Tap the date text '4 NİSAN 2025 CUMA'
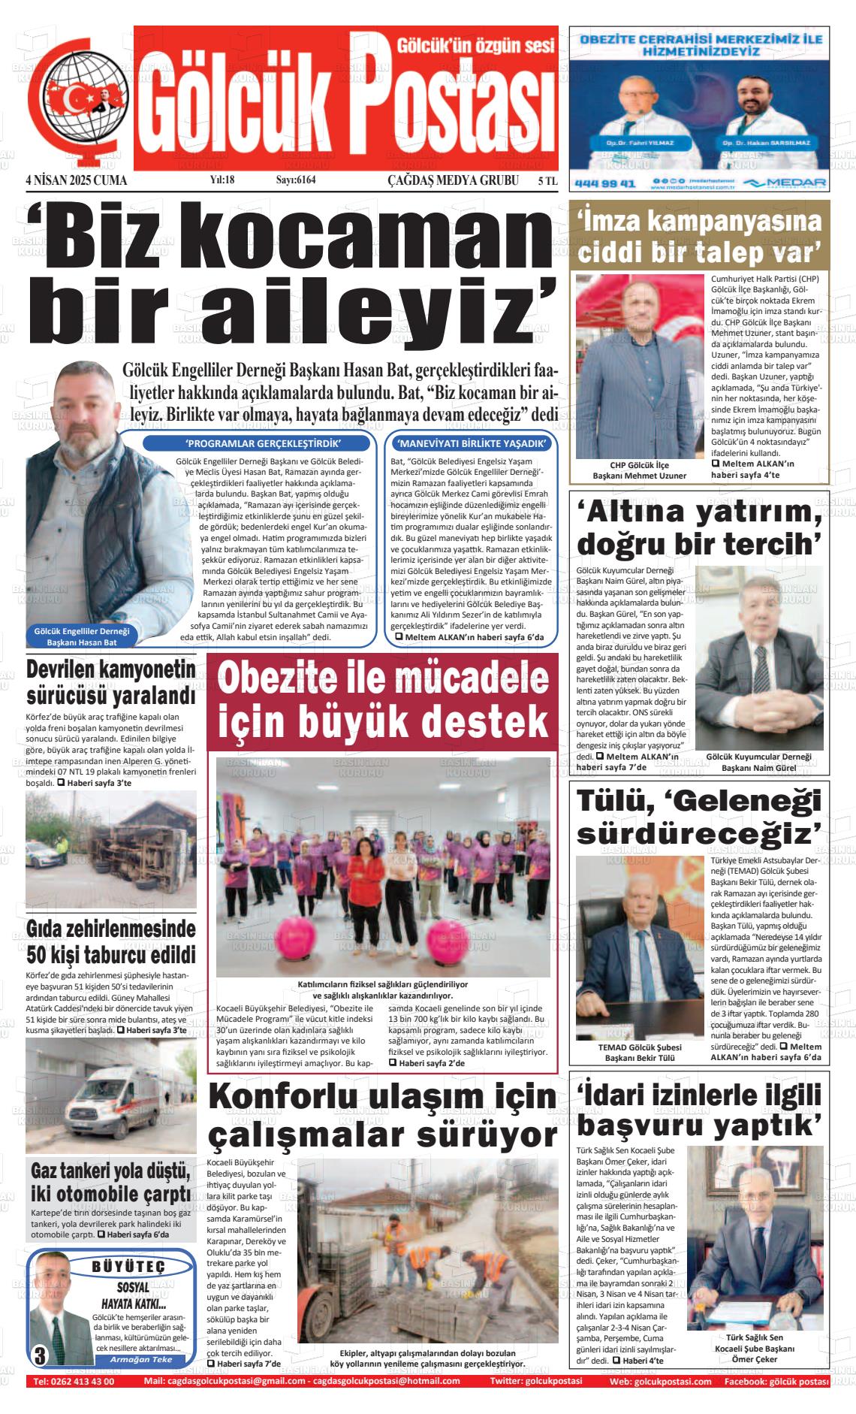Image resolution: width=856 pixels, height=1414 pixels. pos(76,181)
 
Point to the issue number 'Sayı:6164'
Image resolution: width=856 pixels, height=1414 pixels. pos(296,180)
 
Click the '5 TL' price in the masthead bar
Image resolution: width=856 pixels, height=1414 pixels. pos(547,181)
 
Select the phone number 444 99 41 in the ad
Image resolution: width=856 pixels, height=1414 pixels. pos(604,183)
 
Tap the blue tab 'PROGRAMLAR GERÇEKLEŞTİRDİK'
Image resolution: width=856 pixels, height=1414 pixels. pos(257,443)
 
